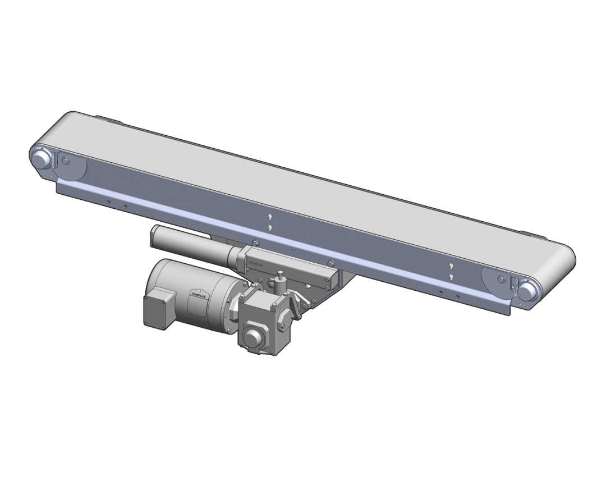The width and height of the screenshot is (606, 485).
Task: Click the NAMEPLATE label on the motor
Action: tap(199, 292)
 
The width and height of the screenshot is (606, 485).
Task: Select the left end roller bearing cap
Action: tap(41, 158)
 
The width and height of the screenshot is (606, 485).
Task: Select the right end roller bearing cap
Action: tap(527, 290)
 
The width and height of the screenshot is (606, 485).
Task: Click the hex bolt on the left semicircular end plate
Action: tap(66, 161)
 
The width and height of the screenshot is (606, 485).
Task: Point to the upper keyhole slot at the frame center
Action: tap(270, 217)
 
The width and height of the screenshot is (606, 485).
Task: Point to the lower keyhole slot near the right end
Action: tap(450, 276)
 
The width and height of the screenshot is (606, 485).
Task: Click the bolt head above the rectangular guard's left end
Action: tap(256, 243)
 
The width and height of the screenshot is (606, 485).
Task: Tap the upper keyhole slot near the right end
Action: tap(450, 266)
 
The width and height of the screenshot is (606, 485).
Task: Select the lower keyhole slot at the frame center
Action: tap(270, 227)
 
